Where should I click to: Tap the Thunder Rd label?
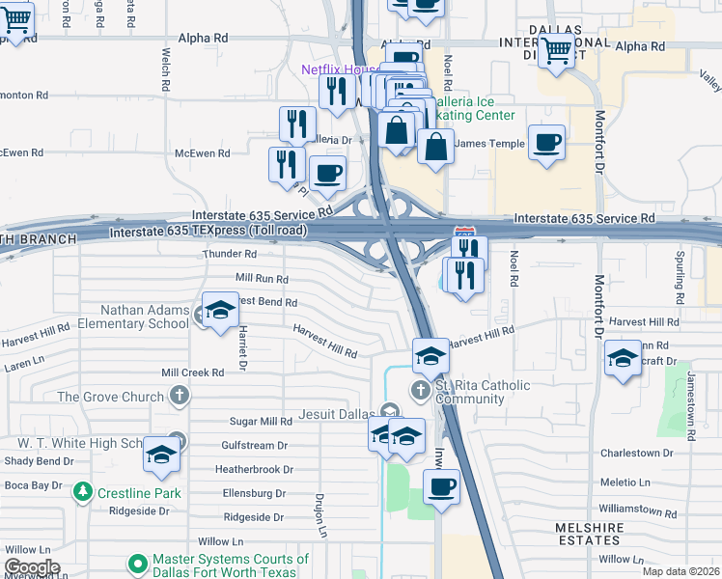click(229, 254)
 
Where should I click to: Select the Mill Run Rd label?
click(262, 278)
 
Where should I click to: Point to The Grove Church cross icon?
click(179, 396)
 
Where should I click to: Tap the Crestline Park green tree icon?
click(84, 492)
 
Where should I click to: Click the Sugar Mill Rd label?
click(261, 422)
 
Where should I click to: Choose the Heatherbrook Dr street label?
click(254, 469)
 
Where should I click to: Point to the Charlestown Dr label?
click(635, 453)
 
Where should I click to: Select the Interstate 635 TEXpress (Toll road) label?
click(208, 232)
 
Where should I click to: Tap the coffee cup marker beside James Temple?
click(546, 141)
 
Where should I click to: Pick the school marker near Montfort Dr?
click(623, 359)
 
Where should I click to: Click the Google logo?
click(32, 566)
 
